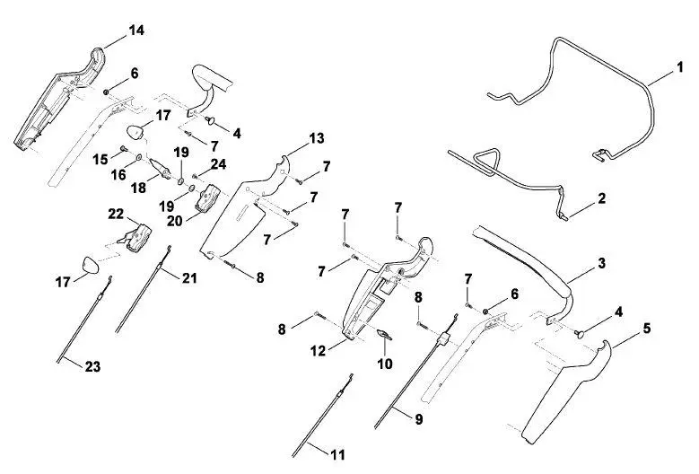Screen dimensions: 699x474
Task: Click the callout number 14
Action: pos(136,31)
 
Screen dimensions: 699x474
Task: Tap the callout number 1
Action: pos(680,67)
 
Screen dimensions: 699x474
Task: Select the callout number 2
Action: pos(601,198)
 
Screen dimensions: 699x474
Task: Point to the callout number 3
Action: pos(601,263)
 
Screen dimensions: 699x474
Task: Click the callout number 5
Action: pos(646,329)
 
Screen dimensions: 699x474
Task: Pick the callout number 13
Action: pos(317,138)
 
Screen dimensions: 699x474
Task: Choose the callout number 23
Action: pos(92,366)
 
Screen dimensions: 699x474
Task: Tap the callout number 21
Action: pos(189,277)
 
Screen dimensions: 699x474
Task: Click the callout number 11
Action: pos(338,454)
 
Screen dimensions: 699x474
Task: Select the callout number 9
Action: pos(419,419)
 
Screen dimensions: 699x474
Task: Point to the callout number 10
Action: pos(385,364)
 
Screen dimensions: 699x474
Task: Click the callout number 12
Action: pos(319,351)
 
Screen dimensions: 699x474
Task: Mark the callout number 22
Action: pos(116,214)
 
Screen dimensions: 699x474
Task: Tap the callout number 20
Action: pos(175,220)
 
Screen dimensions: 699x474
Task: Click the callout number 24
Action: pos(218,164)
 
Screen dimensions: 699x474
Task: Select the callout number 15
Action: pos(100,159)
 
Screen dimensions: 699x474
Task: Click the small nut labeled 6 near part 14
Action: pos(107,92)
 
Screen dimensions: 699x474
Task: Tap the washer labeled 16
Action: pos(139,157)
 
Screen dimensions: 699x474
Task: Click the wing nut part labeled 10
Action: pos(384,334)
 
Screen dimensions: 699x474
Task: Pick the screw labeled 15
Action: pos(124,148)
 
